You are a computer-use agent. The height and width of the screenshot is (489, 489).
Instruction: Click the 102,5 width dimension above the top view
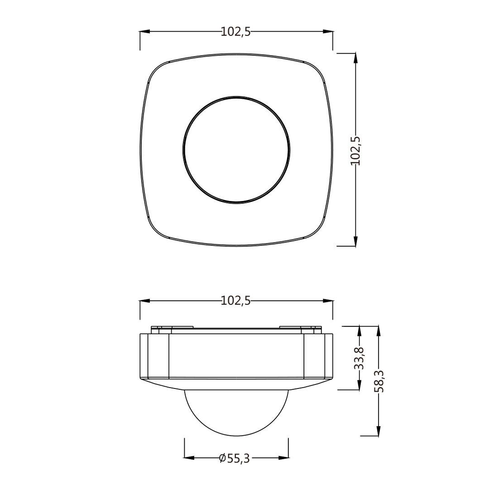[x=235, y=32]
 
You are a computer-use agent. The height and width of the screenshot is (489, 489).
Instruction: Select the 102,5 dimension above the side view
[x=235, y=301]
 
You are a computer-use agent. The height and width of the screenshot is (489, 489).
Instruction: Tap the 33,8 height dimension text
[x=359, y=358]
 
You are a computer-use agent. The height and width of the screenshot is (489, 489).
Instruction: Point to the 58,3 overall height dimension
[x=379, y=381]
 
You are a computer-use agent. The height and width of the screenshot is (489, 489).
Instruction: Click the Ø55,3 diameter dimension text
[x=235, y=458]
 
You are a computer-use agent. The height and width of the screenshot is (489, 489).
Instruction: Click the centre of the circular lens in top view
[x=236, y=150]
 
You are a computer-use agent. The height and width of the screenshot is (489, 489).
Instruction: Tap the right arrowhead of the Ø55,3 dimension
[x=283, y=458]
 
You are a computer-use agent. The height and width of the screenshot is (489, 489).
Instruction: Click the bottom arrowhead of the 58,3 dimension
[x=379, y=431]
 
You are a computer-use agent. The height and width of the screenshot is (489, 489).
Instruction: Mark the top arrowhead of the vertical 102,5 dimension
[x=355, y=58]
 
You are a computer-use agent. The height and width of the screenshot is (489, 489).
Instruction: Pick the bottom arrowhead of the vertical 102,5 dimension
[x=355, y=241]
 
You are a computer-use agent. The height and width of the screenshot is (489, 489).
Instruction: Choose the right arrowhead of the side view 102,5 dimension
[x=328, y=301]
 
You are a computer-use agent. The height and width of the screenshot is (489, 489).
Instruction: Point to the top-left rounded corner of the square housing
[x=157, y=71]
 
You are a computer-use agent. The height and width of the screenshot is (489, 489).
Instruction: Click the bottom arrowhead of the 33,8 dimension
[x=360, y=385]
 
